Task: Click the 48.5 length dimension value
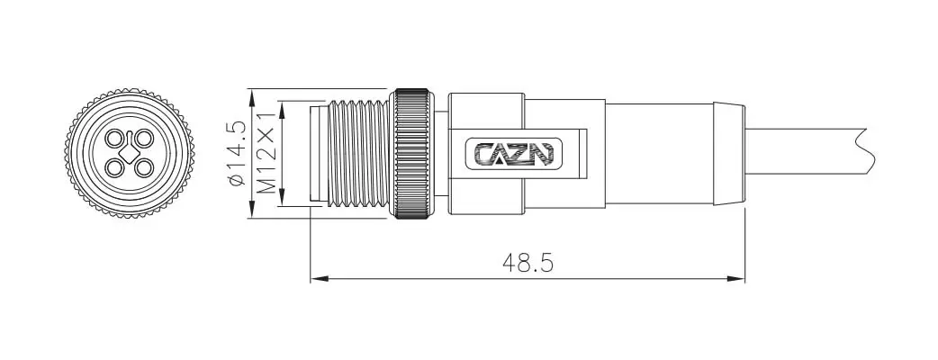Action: coord(528,263)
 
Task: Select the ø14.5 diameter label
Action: coord(237,153)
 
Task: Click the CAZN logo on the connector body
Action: coord(514,154)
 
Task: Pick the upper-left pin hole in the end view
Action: coord(113,139)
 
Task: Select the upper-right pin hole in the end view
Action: coord(143,139)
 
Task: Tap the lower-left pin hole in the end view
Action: coord(113,168)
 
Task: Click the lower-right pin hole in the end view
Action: coord(143,168)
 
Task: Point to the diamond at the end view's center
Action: coord(129,154)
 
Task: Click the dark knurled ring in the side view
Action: coord(412,154)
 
